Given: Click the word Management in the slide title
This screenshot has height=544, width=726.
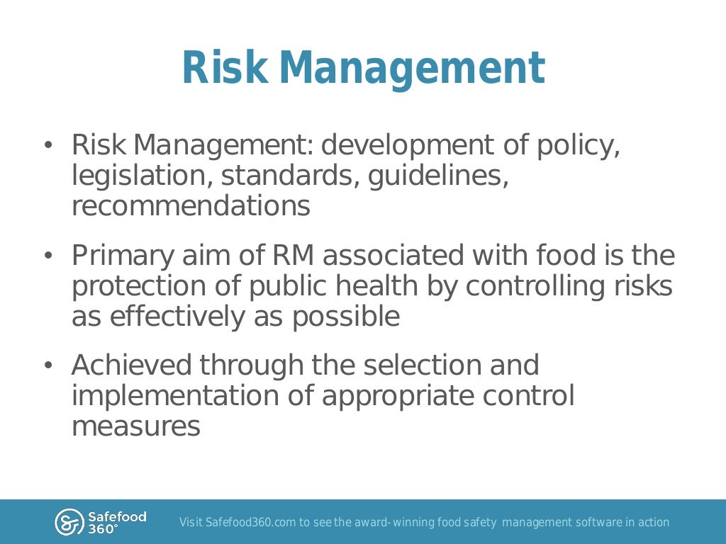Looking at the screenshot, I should [412, 69].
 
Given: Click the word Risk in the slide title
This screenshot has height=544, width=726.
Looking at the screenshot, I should [225, 69].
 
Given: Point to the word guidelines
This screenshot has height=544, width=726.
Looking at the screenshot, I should [437, 176].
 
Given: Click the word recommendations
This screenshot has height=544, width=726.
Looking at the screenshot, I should [191, 206].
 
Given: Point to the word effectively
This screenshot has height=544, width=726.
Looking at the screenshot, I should [174, 317].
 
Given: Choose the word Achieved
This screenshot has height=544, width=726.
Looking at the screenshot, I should [132, 365].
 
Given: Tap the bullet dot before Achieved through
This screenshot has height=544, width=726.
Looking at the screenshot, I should [48, 366].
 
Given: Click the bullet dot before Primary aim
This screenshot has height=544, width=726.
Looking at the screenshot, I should [48, 256].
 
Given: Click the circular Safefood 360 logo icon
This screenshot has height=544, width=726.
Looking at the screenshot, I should [69, 523].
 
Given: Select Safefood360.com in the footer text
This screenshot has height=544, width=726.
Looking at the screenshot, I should [250, 523].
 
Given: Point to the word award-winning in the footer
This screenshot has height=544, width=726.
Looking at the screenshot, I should [408, 523].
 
